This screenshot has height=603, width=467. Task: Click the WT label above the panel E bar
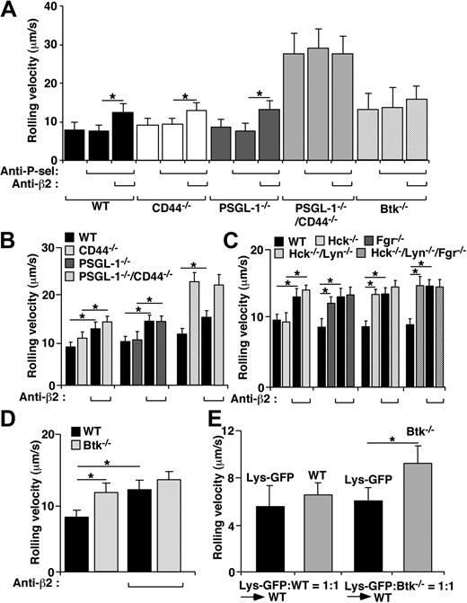click(328, 473)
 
